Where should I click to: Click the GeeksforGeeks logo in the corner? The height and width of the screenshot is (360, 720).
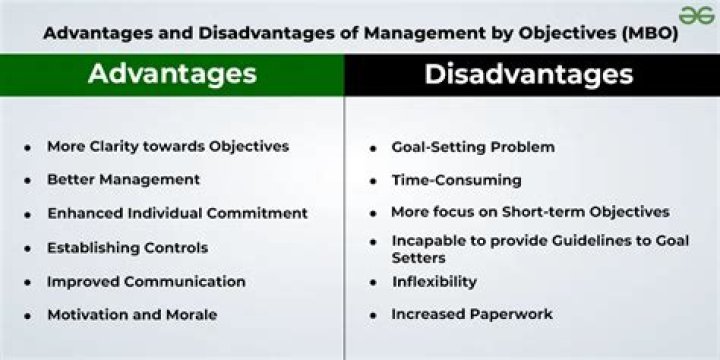click(696, 15)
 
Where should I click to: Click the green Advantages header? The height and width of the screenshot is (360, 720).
click(172, 74)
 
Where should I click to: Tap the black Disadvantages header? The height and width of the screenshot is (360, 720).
click(528, 74)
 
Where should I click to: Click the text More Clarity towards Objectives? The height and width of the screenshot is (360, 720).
click(168, 146)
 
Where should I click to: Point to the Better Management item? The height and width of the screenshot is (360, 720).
click(123, 180)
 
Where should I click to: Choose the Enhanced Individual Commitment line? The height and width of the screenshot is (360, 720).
click(177, 213)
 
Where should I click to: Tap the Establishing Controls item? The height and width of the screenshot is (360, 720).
click(127, 247)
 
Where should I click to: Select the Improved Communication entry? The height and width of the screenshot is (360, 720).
click(146, 281)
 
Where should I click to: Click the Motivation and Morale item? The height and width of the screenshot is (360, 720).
click(132, 315)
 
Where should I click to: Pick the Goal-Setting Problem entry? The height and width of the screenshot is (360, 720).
click(473, 147)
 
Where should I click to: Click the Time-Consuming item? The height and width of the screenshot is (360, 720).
click(456, 180)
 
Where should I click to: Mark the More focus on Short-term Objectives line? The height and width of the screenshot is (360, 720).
click(530, 212)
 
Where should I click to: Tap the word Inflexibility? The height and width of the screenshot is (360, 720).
click(434, 281)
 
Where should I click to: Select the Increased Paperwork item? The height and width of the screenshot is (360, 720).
click(472, 314)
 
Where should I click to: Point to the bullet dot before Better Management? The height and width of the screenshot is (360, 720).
click(27, 181)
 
